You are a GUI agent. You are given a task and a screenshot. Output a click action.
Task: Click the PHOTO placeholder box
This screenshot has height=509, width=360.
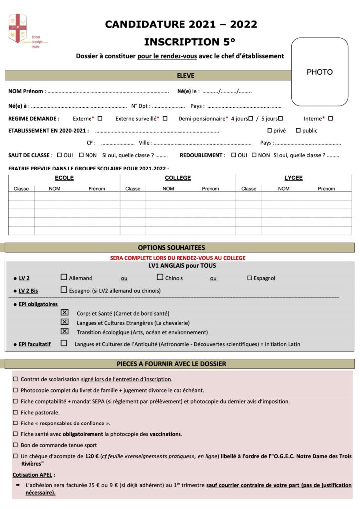(319, 72)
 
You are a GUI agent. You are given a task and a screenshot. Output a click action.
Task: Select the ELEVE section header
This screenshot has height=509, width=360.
(185, 76)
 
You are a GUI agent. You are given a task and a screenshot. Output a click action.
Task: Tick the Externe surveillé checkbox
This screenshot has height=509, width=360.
(165, 118)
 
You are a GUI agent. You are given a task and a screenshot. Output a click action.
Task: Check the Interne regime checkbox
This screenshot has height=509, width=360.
(330, 118)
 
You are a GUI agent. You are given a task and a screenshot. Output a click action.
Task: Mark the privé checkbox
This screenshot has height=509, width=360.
(270, 130)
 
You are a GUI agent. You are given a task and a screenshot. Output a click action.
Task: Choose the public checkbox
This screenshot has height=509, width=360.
(298, 130)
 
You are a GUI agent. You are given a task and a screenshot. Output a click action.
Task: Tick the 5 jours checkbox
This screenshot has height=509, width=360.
(280, 118)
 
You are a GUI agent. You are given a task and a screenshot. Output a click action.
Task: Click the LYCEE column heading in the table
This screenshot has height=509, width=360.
(293, 178)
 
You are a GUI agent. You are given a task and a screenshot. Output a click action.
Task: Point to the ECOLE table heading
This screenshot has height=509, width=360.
(64, 178)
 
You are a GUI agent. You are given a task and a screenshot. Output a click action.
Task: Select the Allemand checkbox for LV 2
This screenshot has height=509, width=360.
(64, 277)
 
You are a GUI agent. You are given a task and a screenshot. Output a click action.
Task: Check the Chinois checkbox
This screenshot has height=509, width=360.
(160, 277)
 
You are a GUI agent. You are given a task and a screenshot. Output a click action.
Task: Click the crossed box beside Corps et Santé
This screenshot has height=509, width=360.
(64, 313)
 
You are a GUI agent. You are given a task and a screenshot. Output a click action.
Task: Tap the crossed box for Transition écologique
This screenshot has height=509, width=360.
(64, 331)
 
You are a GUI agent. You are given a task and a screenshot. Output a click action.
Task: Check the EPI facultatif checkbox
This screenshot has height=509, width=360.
(64, 343)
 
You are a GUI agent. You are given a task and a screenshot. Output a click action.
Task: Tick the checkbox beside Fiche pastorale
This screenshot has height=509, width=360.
(16, 412)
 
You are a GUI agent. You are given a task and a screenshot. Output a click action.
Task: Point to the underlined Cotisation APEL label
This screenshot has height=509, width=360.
(33, 474)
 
